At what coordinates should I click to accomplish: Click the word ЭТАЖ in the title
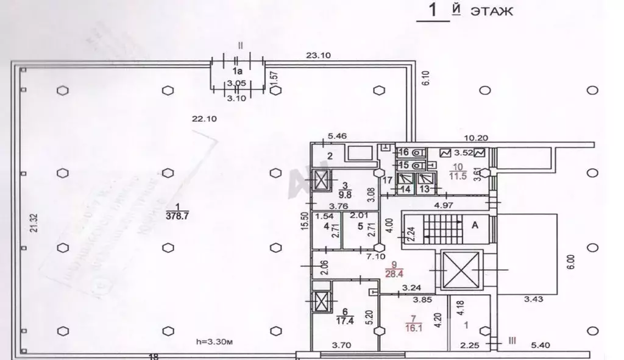click(491, 11)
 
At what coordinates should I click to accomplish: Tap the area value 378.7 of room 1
click(175, 214)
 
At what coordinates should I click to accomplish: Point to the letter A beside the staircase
click(473, 224)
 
